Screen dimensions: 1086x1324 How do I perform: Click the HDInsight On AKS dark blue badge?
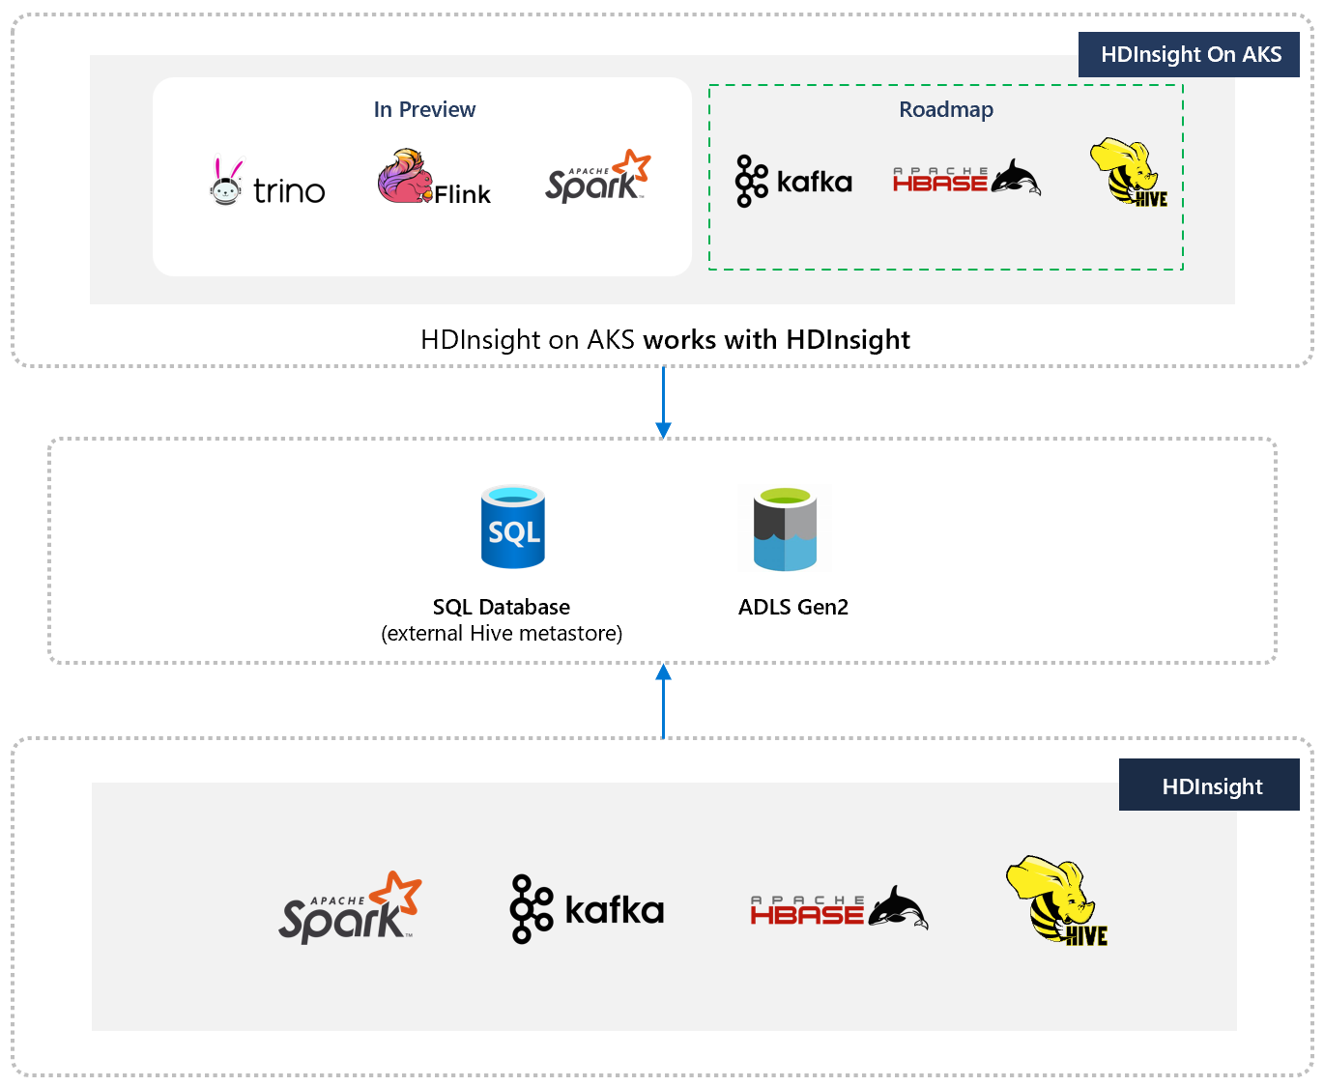(1190, 54)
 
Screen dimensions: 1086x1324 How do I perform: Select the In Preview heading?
(424, 109)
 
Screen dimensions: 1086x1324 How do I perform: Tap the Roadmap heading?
(946, 109)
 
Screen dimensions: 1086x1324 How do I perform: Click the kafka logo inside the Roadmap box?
(793, 182)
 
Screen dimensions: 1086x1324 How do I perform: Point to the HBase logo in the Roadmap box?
(965, 178)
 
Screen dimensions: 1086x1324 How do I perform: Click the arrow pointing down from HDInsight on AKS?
(663, 402)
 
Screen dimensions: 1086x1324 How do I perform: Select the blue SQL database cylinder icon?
(513, 527)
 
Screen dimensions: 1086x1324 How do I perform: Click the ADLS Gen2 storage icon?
(785, 529)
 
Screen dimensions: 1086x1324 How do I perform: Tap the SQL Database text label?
(501, 607)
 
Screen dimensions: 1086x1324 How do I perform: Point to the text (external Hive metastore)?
(502, 634)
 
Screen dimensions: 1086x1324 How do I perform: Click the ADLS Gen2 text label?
(793, 607)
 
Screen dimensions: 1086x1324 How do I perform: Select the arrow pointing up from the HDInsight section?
(663, 700)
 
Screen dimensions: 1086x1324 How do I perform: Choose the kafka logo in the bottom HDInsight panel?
(587, 909)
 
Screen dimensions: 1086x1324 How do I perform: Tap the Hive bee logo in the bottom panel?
(1056, 900)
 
